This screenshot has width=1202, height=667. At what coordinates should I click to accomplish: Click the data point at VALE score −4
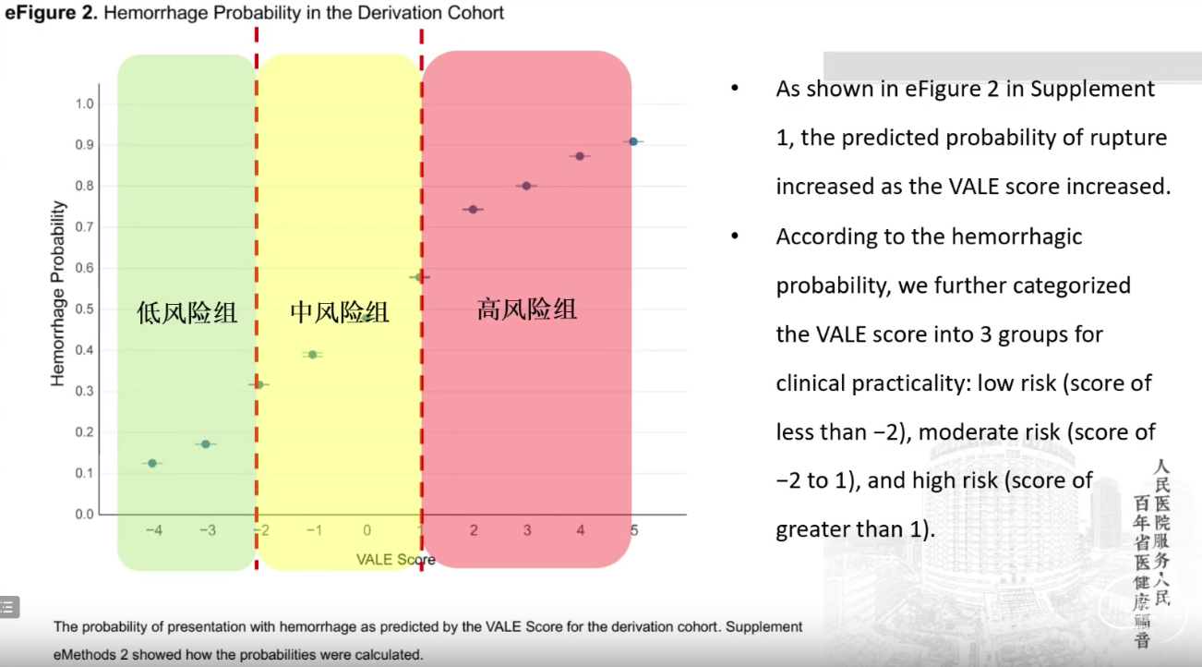point(152,463)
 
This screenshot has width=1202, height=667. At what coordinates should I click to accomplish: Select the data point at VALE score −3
point(206,444)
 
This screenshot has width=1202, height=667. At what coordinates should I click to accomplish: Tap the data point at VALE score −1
point(312,355)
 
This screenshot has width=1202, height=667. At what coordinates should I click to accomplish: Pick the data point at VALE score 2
point(473,209)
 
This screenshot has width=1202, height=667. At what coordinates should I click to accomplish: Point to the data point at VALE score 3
point(526,186)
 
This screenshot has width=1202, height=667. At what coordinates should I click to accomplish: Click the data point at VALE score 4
point(580,156)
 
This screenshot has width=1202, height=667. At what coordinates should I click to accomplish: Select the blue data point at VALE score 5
point(633,141)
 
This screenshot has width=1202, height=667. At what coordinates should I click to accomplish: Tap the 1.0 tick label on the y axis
point(84,103)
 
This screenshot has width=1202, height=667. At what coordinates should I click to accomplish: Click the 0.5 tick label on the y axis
point(84,309)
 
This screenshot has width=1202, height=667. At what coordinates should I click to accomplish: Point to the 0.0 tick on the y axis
point(84,515)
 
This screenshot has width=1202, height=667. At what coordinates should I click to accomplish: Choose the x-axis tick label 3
point(527,530)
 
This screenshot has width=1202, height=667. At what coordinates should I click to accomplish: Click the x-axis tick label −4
point(154,530)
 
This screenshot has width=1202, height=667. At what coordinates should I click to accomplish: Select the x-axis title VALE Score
point(395,560)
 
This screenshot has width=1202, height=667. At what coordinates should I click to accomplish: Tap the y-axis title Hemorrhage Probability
point(57,293)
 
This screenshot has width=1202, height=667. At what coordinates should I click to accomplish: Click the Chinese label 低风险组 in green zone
point(186,312)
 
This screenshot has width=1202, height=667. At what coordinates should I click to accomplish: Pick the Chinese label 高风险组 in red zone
point(527,309)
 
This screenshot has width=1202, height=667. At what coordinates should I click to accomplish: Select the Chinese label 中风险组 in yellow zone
point(339,312)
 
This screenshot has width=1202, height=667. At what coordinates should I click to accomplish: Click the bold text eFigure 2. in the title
point(51,12)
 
